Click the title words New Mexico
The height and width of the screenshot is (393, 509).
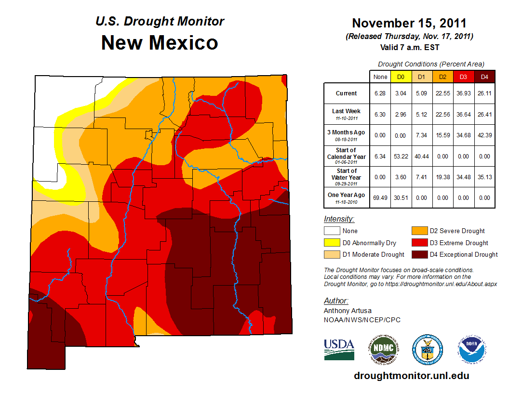tap(160, 43)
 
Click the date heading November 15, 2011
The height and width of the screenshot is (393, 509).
tap(409, 23)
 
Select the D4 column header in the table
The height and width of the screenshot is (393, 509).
tap(484, 77)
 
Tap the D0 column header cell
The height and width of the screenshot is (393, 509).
tap(401, 77)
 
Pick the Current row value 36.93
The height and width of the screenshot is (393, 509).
tap(463, 93)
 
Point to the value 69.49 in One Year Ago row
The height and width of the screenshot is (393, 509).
tap(380, 197)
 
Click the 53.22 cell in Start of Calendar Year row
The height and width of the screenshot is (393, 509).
tap(401, 156)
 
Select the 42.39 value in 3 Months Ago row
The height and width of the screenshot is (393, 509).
tap(484, 135)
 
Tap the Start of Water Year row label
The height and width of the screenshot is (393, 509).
tap(347, 177)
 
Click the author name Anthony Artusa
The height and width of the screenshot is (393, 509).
tap(348, 311)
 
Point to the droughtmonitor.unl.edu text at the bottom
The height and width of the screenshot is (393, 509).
tap(411, 376)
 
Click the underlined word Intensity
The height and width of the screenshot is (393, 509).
tap(339, 219)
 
